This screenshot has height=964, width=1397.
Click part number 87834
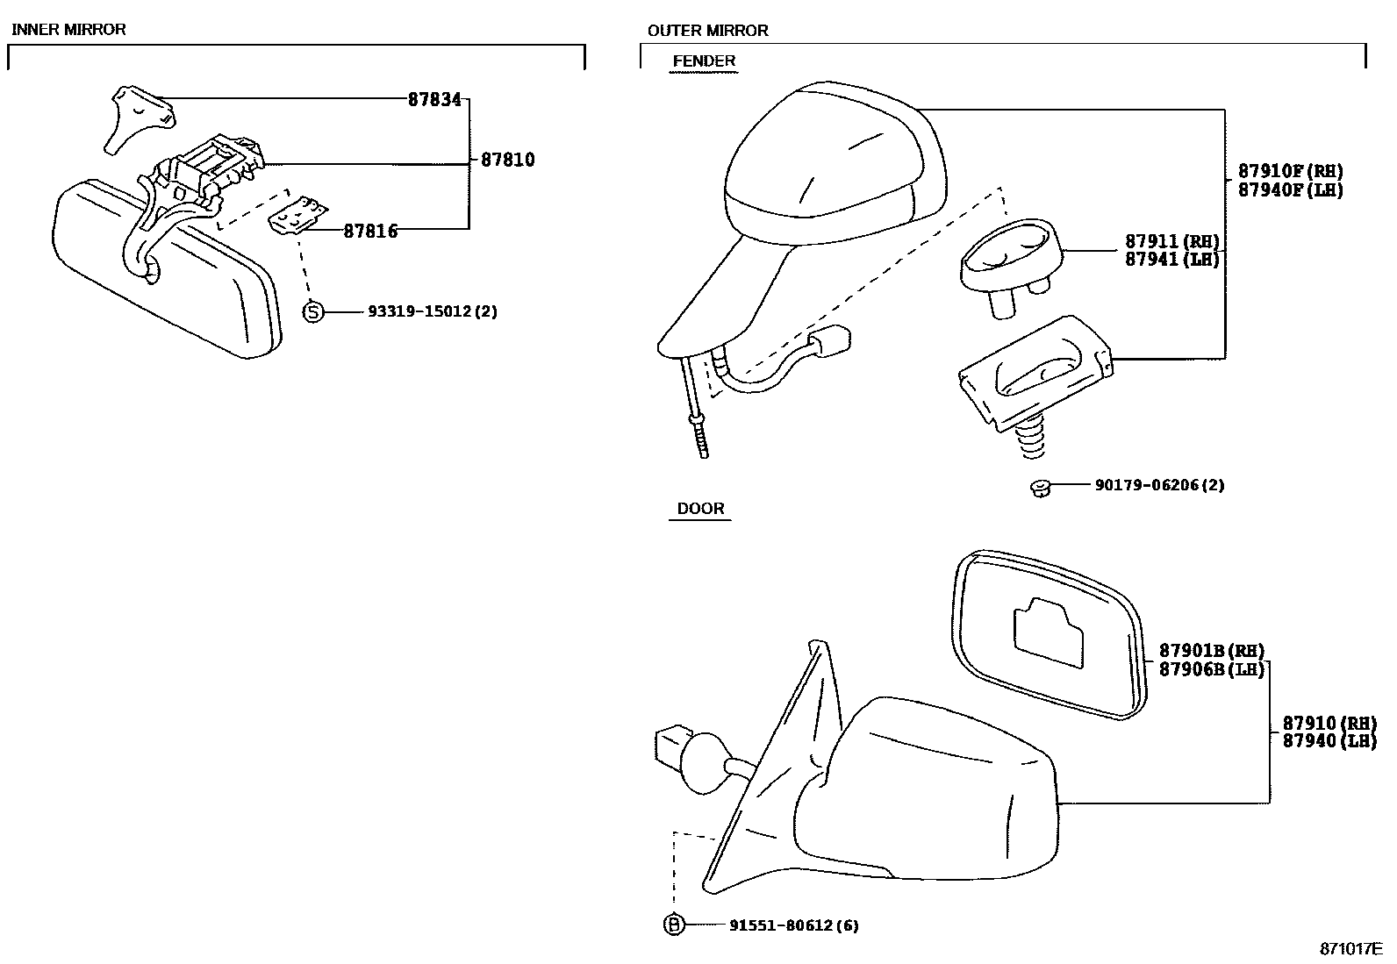coord(434,100)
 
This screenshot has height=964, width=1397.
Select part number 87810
coord(507,161)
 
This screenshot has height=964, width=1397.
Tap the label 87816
coord(370,232)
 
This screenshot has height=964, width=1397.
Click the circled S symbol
coord(313,311)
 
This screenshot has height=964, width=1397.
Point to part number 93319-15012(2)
coord(433,311)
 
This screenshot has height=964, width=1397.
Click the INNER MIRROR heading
coord(68,30)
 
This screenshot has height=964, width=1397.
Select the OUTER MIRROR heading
coord(707,31)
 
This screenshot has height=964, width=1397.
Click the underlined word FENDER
coord(704,61)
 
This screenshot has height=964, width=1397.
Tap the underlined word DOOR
coord(700,509)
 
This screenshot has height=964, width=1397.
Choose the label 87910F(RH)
coord(1290,172)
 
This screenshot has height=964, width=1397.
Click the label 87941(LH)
coord(1172,260)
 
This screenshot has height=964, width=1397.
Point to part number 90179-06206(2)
coord(1159,485)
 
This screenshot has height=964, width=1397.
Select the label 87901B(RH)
coord(1212,651)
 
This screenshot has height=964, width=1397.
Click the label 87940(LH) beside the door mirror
coord(1329,741)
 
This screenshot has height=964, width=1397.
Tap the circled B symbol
coord(673,925)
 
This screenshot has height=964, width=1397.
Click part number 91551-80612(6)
coord(793,925)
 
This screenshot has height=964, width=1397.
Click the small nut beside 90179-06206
coord(1040,487)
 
